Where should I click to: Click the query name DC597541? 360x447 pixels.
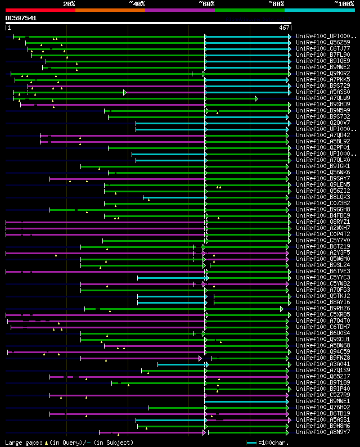21,18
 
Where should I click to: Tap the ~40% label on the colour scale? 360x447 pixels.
137,3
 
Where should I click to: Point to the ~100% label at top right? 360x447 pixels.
343,3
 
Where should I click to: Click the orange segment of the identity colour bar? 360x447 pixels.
110,10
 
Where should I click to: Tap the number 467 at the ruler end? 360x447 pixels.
284,27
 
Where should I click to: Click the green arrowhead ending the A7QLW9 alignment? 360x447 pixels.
256,98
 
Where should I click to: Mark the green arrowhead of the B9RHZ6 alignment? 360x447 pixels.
282,308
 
